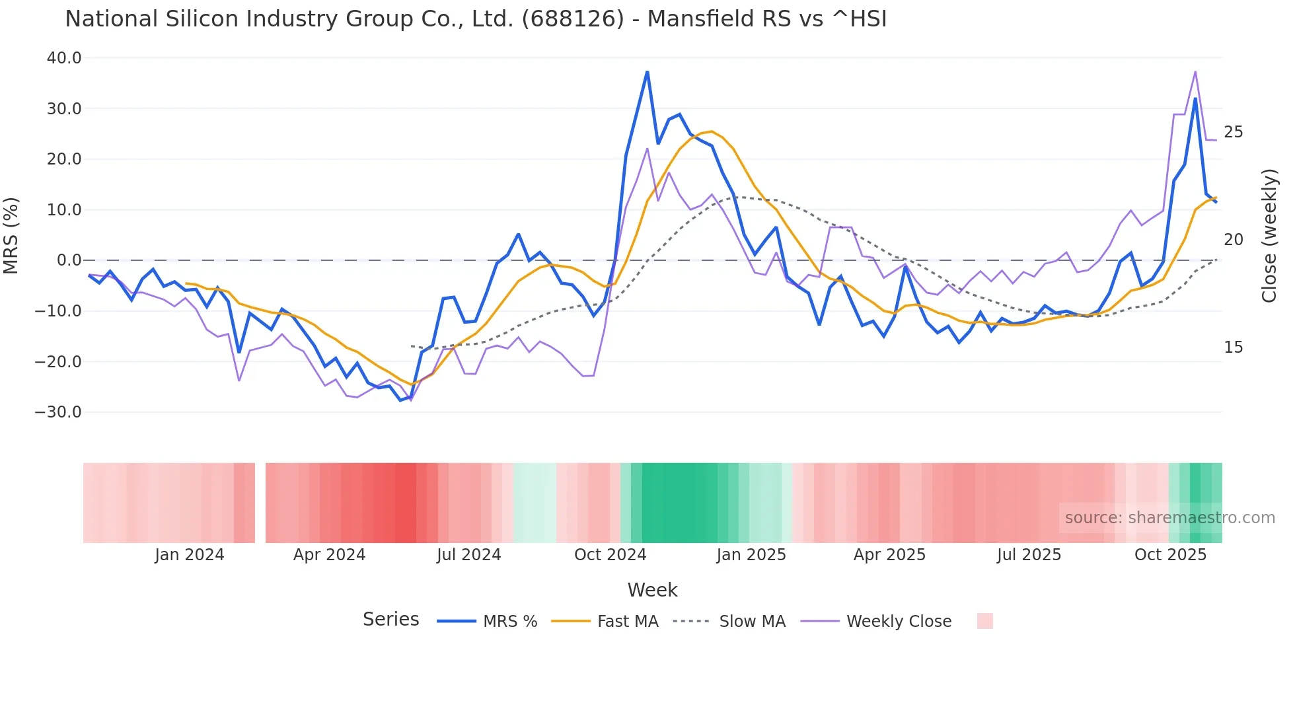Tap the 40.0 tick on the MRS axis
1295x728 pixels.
coord(64,58)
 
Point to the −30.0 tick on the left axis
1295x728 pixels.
coord(58,412)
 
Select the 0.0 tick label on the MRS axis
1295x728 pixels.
coord(69,260)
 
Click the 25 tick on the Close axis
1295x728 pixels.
coord(1233,132)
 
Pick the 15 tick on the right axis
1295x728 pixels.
coord(1233,347)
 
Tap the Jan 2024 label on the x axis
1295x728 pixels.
coord(190,555)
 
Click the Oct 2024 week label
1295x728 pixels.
coord(610,555)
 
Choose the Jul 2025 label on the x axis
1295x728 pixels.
coord(1029,555)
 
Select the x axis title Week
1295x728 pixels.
coord(652,590)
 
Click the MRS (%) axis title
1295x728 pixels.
coord(11,235)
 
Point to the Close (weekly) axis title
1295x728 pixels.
coord(1269,236)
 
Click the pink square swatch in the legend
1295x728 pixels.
coord(984,621)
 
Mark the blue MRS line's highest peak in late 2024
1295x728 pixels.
coord(647,71)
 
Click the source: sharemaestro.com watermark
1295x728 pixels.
coord(1169,518)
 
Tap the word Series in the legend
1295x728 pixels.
coord(390,620)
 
